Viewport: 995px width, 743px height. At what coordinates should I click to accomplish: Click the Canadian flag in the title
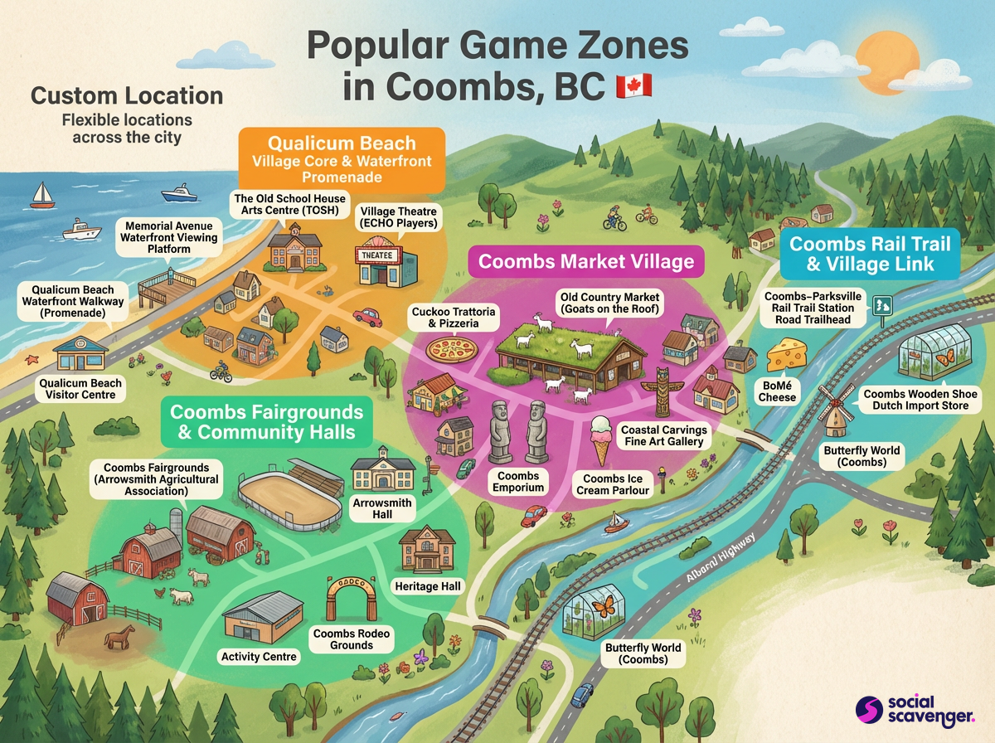(x=634, y=86)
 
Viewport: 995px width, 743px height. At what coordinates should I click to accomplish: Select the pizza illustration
(x=450, y=348)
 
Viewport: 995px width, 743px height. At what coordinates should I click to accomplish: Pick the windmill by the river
(x=835, y=410)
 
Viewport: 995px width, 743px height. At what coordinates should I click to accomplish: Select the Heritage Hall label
(x=428, y=586)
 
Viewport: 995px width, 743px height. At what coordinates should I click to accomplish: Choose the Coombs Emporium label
(x=518, y=482)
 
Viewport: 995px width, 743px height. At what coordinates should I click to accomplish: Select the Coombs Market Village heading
(x=585, y=262)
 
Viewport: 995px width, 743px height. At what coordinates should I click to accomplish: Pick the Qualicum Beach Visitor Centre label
(x=80, y=389)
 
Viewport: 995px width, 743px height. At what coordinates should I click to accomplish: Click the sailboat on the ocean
(x=42, y=196)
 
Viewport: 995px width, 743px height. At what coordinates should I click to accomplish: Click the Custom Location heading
(x=127, y=95)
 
